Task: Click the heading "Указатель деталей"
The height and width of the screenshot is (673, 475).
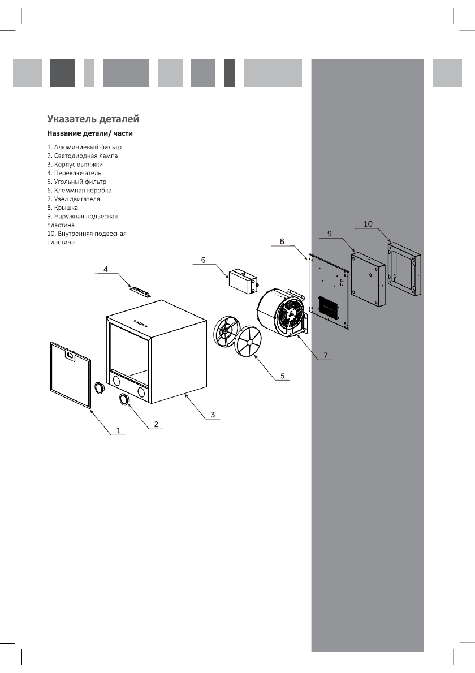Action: pos(93,119)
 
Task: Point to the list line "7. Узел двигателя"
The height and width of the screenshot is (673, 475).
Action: pos(74,199)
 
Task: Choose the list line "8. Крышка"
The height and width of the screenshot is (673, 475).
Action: pos(62,208)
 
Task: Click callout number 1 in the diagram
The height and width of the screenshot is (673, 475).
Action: pos(119,430)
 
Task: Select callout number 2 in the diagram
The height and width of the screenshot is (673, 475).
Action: pos(156,424)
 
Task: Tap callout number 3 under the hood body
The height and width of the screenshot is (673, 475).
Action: pos(212,415)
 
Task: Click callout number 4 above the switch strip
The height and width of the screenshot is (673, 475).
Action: pos(106,270)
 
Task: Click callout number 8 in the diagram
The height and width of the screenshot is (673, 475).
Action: pos(282,241)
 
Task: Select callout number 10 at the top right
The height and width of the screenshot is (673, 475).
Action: pos(368,224)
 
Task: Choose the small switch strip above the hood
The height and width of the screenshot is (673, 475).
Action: pos(139,291)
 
